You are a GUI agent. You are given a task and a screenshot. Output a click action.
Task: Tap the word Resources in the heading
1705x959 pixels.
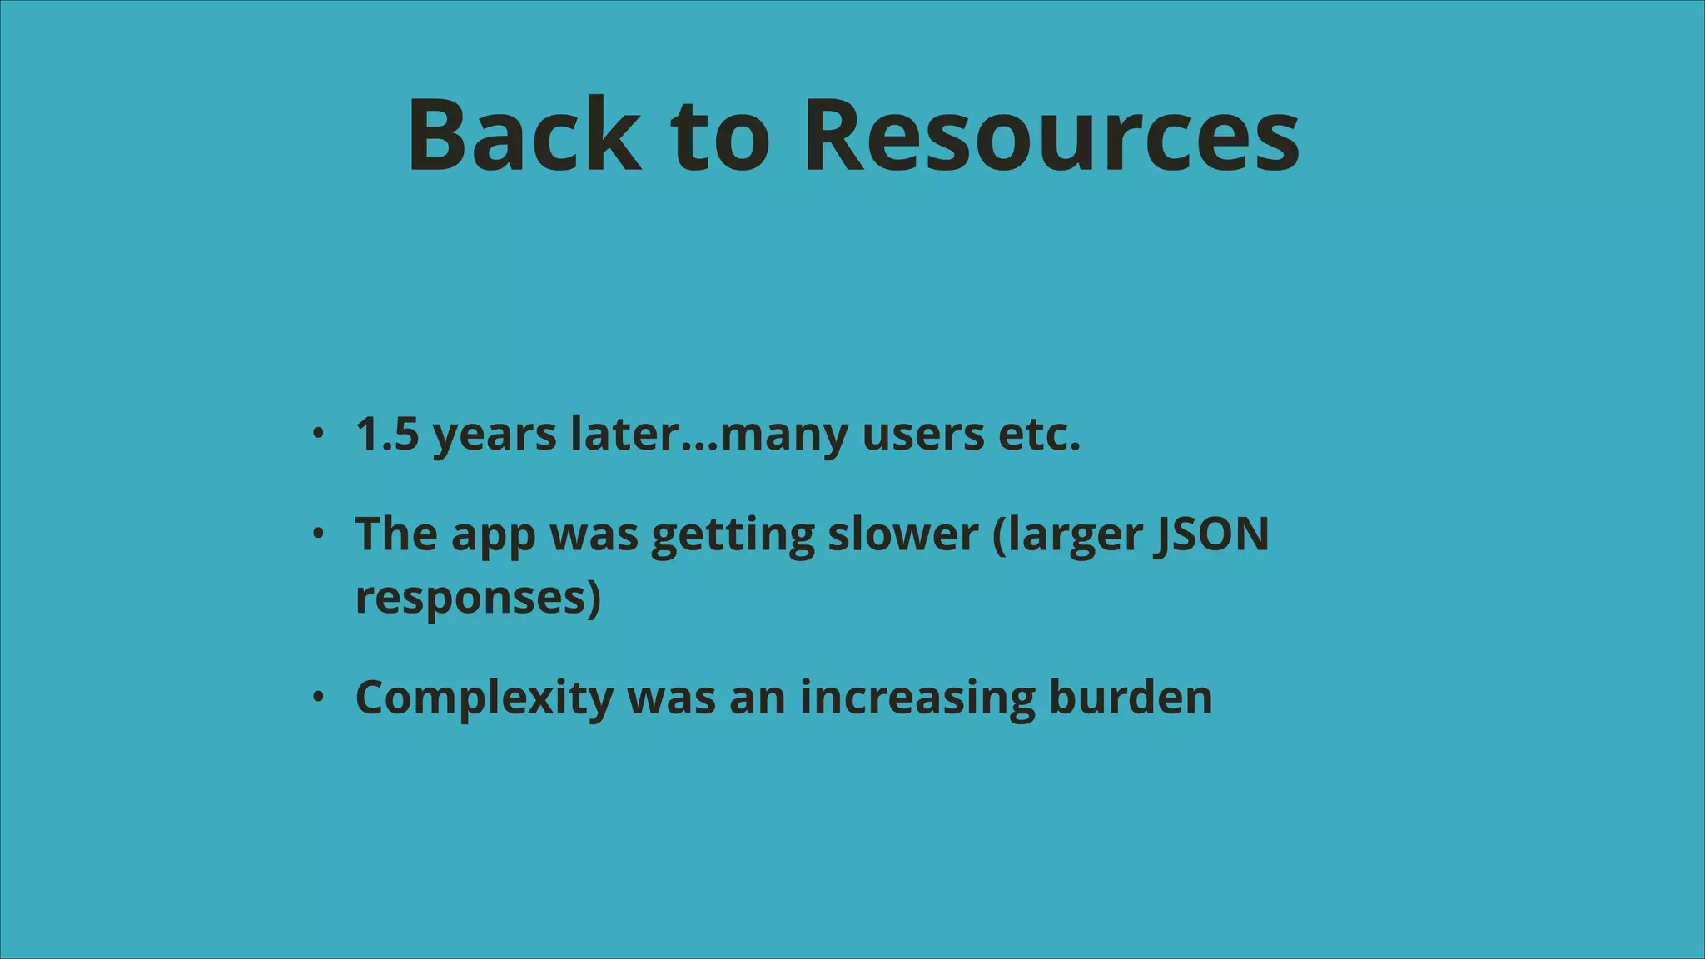(x=1051, y=135)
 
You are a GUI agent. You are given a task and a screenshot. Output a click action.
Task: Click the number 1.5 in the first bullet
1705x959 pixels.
(x=386, y=434)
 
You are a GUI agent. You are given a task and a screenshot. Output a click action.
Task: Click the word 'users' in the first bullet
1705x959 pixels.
(x=923, y=434)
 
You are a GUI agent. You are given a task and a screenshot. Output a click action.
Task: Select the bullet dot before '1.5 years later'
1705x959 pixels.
(x=317, y=433)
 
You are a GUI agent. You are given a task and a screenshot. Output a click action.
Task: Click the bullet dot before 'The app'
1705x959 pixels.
(x=317, y=534)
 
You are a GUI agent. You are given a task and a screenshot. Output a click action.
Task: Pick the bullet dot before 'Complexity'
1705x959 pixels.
(x=317, y=697)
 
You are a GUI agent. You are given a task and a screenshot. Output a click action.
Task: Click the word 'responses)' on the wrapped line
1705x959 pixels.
(x=478, y=599)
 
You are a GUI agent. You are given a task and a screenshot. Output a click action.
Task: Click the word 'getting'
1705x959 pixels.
(x=733, y=535)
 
